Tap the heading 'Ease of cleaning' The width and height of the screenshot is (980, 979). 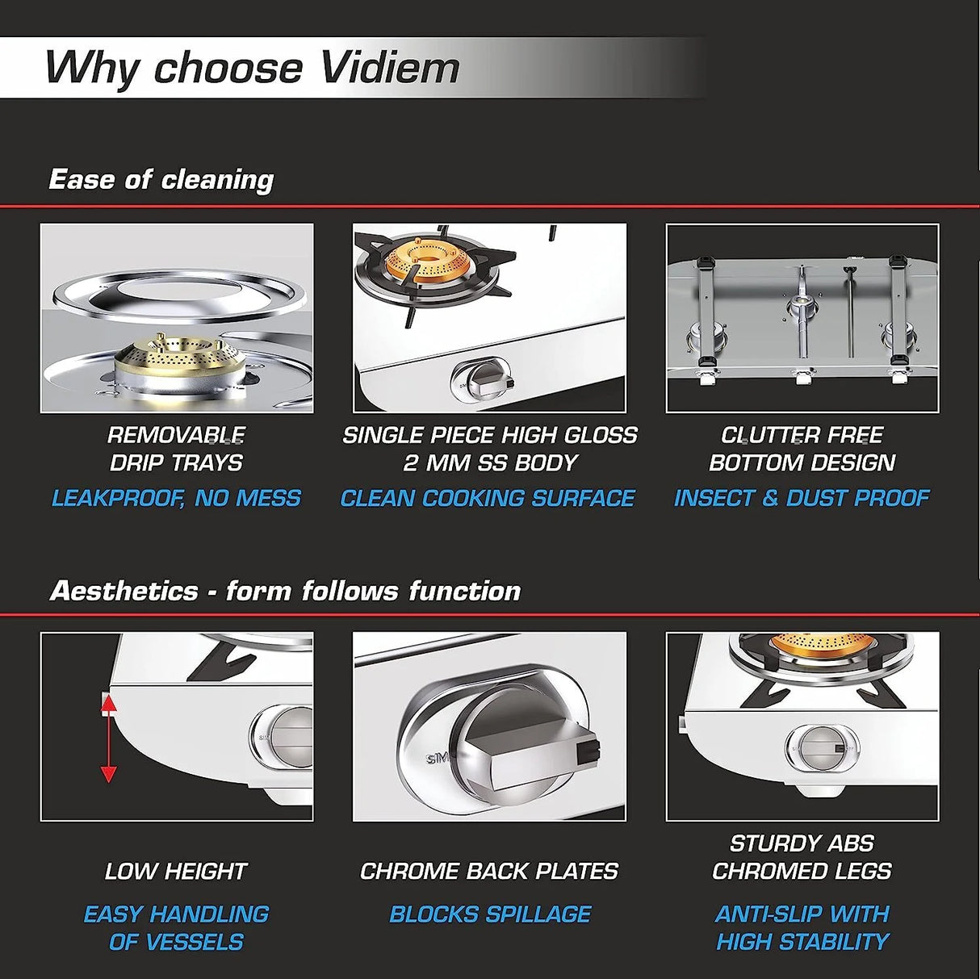click(x=161, y=179)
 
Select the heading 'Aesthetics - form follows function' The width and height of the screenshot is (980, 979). click(x=285, y=591)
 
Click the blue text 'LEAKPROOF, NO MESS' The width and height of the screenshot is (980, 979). click(x=176, y=498)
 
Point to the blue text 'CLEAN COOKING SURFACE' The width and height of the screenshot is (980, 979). click(x=488, y=498)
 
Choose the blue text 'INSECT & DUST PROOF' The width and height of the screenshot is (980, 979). click(x=802, y=498)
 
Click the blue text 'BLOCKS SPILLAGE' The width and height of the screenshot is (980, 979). click(x=490, y=914)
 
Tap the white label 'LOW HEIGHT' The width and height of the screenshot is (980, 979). click(x=176, y=871)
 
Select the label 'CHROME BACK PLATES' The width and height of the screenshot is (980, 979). click(x=489, y=871)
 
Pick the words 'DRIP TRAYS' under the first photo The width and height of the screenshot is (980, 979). click(x=176, y=462)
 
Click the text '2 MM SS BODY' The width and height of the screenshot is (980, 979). click(x=490, y=462)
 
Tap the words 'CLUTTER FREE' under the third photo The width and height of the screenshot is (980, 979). click(x=802, y=435)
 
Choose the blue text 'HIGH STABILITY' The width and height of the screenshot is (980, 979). click(x=802, y=941)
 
